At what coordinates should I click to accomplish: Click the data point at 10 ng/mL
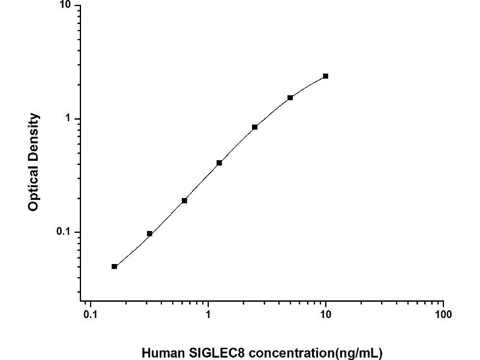point(325,76)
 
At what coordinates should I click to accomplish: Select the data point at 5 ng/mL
point(290,98)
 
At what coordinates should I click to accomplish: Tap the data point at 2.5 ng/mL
point(255,127)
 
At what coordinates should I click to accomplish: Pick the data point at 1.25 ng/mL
point(220,163)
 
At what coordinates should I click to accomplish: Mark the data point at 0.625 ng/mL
point(184,200)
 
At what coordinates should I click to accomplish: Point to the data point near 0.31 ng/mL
point(149,233)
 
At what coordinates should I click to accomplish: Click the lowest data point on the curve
point(114,266)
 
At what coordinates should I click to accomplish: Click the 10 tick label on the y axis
point(65,5)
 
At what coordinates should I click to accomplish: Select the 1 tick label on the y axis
point(68,119)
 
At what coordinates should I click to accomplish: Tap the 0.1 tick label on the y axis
point(63,232)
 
